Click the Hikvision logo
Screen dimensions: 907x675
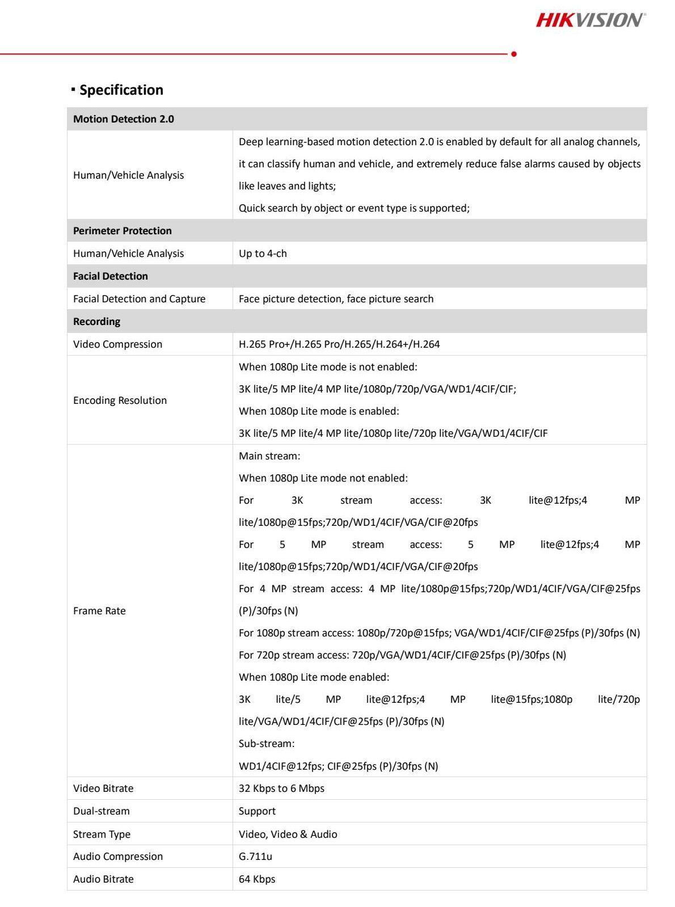[x=590, y=20]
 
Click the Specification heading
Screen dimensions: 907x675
[x=121, y=90]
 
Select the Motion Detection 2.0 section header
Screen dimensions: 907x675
[x=124, y=119]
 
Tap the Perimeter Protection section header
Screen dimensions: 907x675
[x=123, y=231]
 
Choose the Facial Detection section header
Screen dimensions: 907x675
[x=111, y=276]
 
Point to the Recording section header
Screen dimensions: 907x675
[x=97, y=322]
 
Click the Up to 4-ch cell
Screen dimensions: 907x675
[x=263, y=254]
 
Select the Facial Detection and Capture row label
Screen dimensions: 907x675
[x=139, y=299]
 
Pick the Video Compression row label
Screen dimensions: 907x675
[x=117, y=344]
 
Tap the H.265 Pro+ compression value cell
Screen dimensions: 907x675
[x=339, y=344]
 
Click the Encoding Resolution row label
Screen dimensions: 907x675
[x=120, y=400]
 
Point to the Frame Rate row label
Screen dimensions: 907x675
[x=99, y=611]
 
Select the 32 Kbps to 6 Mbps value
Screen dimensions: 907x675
[x=281, y=788]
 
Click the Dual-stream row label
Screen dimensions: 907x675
[x=101, y=811]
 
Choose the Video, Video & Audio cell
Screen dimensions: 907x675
[x=288, y=834]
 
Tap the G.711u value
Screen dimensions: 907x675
[x=255, y=857]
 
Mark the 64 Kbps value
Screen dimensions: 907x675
[x=257, y=879]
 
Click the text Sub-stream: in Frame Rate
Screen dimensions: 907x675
[x=267, y=744]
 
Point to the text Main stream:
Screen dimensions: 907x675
[x=269, y=456]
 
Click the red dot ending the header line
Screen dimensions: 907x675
[x=514, y=54]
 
